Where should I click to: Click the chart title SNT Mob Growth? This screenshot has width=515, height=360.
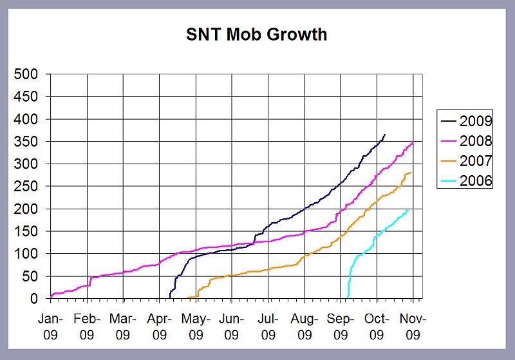tap(257, 34)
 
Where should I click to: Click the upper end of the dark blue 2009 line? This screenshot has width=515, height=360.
tap(385, 135)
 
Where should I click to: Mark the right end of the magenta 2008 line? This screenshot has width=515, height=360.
tap(412, 142)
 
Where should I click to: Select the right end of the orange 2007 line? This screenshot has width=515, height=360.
tap(411, 172)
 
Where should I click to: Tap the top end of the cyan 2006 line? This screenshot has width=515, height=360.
tap(408, 209)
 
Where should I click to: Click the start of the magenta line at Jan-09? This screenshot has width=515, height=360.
tap(51, 296)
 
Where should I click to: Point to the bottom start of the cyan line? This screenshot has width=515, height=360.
tap(348, 297)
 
